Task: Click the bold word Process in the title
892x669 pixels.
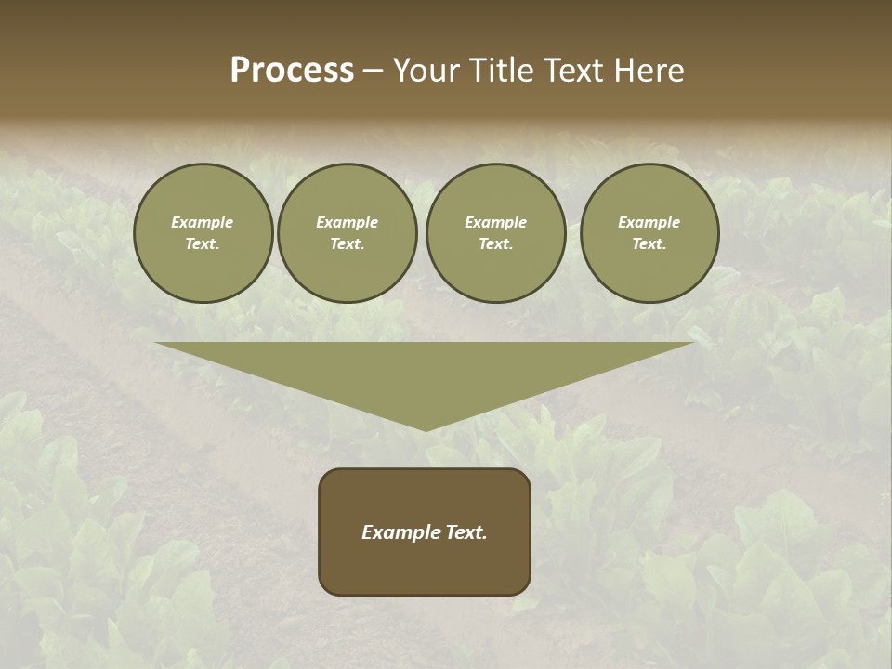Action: [x=292, y=71]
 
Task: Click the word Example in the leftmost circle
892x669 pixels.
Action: [x=203, y=222]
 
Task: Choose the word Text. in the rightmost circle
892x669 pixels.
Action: [x=649, y=243]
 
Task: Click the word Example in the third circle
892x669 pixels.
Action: [x=496, y=222]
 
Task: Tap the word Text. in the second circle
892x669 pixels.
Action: [x=348, y=243]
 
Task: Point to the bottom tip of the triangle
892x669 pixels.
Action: [x=426, y=429]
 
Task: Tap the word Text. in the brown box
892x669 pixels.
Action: [x=466, y=532]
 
